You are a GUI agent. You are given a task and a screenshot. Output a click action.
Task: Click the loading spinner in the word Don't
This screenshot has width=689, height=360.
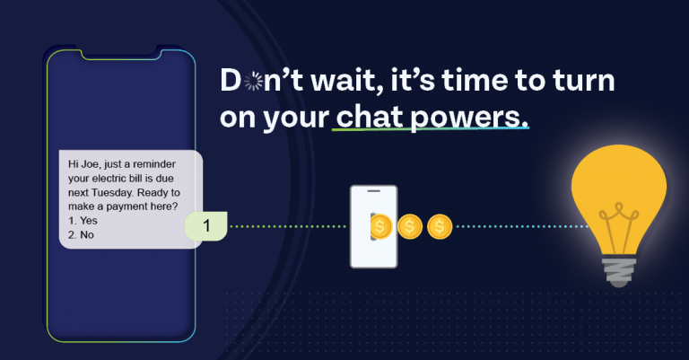pyautogui.click(x=253, y=82)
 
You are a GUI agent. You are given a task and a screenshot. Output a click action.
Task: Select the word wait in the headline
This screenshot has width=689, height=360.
pyautogui.click(x=344, y=81)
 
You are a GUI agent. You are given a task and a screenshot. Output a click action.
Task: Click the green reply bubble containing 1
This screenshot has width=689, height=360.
pyautogui.click(x=205, y=226)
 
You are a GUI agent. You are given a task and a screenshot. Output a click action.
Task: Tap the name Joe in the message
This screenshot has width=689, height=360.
pyautogui.click(x=91, y=164)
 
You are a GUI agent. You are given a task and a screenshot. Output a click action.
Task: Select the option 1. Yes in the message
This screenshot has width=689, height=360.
pyautogui.click(x=83, y=221)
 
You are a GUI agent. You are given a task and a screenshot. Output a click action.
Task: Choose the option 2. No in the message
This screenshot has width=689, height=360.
pyautogui.click(x=81, y=234)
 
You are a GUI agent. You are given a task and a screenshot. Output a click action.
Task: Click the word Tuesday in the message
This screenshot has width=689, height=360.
pyautogui.click(x=112, y=192)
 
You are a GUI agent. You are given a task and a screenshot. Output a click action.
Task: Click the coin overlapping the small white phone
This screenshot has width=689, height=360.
pyautogui.click(x=380, y=227)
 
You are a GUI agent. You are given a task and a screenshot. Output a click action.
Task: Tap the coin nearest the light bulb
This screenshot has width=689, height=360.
pyautogui.click(x=440, y=227)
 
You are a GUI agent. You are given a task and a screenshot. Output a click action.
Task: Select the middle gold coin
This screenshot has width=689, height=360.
pyautogui.click(x=409, y=227)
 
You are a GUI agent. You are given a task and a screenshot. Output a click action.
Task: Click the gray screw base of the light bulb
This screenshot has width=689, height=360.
pyautogui.click(x=619, y=272)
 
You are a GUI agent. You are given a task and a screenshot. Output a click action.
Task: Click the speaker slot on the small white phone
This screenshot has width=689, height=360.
pyautogui.click(x=373, y=191)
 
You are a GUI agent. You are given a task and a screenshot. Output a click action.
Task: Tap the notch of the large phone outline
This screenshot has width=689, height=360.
pyautogui.click(x=120, y=54)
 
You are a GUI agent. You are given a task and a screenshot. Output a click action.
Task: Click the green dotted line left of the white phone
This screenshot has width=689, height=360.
pyautogui.click(x=288, y=227)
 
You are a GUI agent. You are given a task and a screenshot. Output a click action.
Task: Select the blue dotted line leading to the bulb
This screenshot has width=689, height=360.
pyautogui.click(x=522, y=227)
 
